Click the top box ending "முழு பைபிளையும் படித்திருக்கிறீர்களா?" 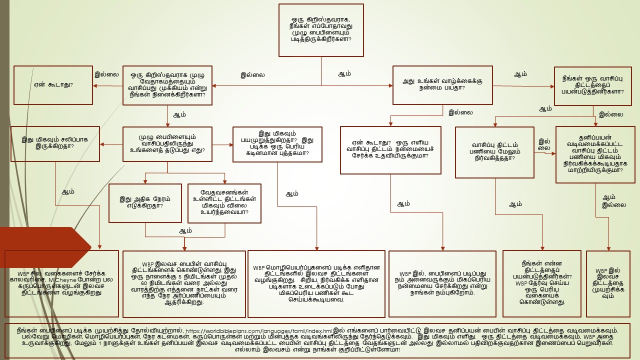click(x=320, y=30)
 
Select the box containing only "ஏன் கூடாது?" click(x=53, y=85)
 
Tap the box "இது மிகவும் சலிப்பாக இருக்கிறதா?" click(x=55, y=143)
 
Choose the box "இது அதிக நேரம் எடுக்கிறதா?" click(x=145, y=202)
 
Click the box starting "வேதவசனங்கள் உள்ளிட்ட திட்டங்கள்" click(x=225, y=202)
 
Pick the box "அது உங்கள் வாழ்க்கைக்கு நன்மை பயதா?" click(x=442, y=85)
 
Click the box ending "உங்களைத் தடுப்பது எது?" click(x=167, y=143)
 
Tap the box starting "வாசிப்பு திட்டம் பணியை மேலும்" click(x=495, y=152)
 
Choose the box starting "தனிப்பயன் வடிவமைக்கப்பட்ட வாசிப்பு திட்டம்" click(x=595, y=154)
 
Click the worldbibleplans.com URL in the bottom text click(x=258, y=330)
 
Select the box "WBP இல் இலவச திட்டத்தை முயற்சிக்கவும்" click(x=608, y=283)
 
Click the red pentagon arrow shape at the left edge click(x=45, y=247)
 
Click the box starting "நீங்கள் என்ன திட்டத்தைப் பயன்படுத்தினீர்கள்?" click(x=542, y=283)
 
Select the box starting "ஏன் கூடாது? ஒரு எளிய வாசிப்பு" click(x=390, y=149)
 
